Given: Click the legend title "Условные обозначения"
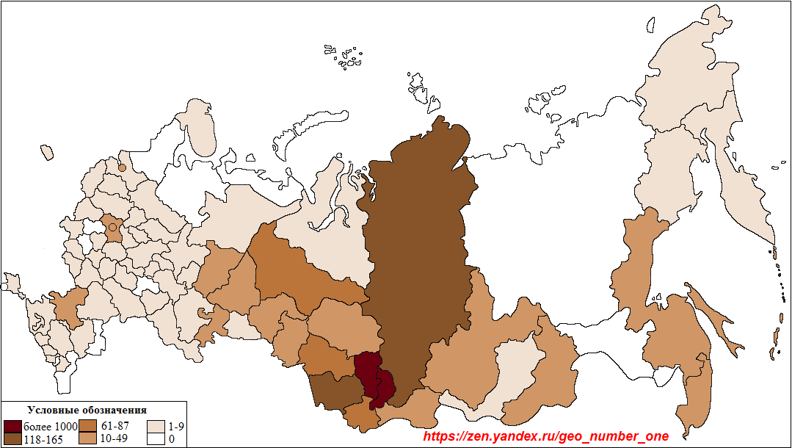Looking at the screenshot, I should (87, 410).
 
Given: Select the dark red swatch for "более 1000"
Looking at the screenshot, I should (12, 426).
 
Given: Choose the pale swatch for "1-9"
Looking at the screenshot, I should (156, 426).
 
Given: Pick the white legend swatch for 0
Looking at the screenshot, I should (156, 439).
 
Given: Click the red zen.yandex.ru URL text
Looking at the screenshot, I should (547, 436).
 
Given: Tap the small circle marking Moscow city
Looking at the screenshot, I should (112, 228).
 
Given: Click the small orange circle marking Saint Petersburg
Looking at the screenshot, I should (122, 167).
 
